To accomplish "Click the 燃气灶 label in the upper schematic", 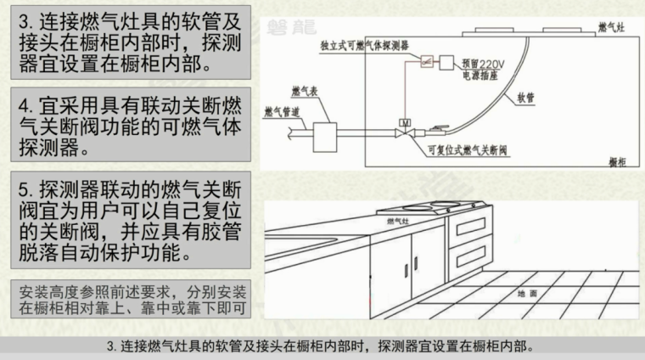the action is pyautogui.click(x=612, y=29).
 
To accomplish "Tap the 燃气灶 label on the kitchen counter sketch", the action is pyautogui.click(x=398, y=220).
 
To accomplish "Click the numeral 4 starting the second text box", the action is pyautogui.click(x=27, y=107).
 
